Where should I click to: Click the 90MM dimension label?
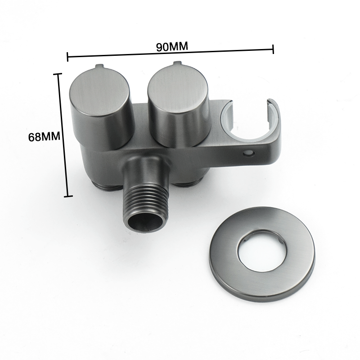click(x=172, y=46)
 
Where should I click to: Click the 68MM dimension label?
click(x=44, y=137)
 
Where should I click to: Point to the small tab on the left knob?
click(x=99, y=67)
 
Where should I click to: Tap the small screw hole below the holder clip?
click(x=249, y=153)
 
